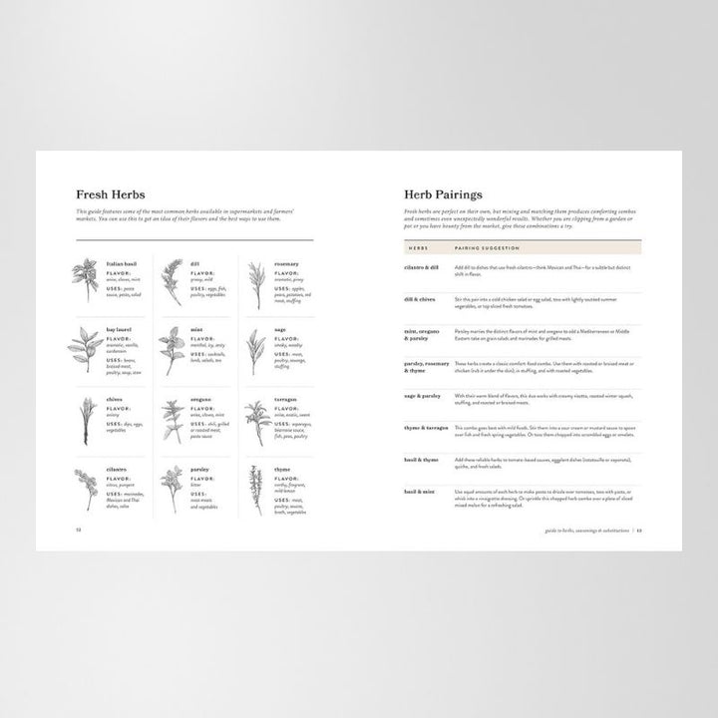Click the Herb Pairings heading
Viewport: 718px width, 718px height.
444,194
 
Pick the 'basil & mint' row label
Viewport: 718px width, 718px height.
421,492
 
